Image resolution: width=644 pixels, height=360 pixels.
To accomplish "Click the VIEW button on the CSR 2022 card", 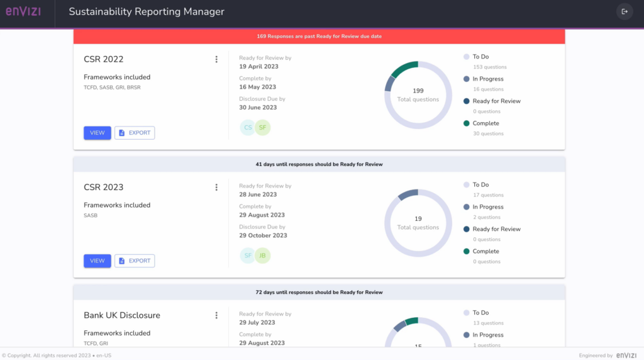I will click(97, 133).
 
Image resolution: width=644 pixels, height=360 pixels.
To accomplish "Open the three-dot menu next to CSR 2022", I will click(216, 59).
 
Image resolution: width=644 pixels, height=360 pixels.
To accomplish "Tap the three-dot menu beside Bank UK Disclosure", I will click(216, 315).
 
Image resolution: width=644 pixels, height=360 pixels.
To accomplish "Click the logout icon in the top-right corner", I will click(624, 11).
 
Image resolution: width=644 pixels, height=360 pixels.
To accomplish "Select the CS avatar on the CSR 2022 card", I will click(248, 128).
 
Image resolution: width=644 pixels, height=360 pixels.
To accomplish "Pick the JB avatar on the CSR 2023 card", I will click(262, 256).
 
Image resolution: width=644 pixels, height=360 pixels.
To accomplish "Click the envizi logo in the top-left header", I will click(23, 11).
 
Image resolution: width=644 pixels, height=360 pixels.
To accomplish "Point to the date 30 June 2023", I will click(258, 108).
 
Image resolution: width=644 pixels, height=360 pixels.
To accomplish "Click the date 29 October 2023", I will click(263, 235).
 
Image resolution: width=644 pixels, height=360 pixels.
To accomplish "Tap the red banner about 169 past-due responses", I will click(319, 37).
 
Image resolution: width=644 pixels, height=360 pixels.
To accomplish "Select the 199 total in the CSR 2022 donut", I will click(418, 91).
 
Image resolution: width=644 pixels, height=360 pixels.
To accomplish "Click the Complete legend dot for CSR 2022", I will click(466, 123).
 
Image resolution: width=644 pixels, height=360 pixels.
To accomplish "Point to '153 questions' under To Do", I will click(489, 67).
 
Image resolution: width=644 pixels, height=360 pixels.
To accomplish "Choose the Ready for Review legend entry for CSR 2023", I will click(496, 229).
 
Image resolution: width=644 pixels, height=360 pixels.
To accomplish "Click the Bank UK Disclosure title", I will click(122, 315).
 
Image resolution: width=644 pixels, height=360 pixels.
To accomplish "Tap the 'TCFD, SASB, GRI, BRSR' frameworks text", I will click(112, 87).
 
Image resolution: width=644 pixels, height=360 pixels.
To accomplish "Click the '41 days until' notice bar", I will click(319, 164).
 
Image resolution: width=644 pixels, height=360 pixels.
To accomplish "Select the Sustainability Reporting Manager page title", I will click(146, 12).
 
